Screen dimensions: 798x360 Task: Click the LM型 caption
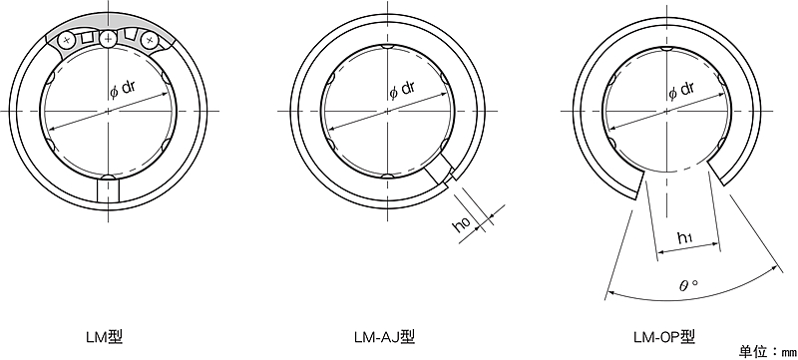105,337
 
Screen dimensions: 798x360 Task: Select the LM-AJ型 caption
385,337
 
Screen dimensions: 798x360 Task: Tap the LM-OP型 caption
664,337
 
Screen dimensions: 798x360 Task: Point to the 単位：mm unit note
767,351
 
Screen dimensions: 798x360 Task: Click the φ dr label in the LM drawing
123,91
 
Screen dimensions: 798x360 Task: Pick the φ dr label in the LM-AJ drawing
402,91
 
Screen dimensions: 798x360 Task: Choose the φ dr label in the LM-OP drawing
681,91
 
